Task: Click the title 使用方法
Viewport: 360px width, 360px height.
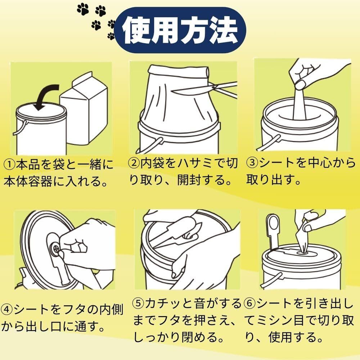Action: click(180, 30)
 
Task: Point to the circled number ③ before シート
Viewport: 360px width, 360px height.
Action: click(252, 163)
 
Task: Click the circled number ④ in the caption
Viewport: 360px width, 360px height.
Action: click(7, 310)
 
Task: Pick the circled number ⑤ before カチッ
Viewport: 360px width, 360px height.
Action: click(139, 303)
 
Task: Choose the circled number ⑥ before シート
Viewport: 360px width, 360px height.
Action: click(250, 303)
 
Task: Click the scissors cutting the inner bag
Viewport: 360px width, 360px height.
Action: click(204, 89)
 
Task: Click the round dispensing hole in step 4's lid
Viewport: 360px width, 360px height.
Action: click(55, 248)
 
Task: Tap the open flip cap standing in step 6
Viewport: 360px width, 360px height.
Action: click(273, 232)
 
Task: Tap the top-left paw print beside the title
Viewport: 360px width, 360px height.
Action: click(83, 10)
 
